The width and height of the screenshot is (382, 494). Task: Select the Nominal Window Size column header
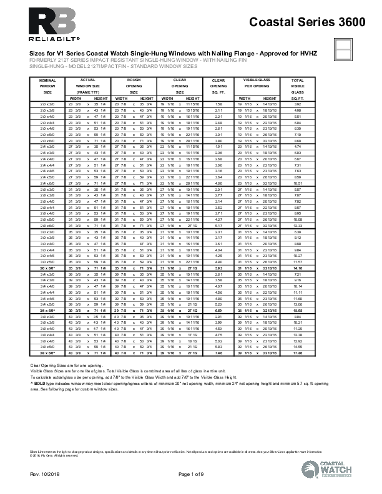(47, 86)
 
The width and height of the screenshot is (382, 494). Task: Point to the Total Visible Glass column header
(298, 86)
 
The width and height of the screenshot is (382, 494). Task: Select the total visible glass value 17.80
(298, 353)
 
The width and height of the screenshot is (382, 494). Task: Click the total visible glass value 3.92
(298, 104)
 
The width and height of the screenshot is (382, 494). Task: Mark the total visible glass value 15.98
(298, 310)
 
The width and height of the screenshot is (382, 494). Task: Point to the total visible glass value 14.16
(298, 267)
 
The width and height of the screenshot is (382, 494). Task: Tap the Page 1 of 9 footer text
(191, 476)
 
